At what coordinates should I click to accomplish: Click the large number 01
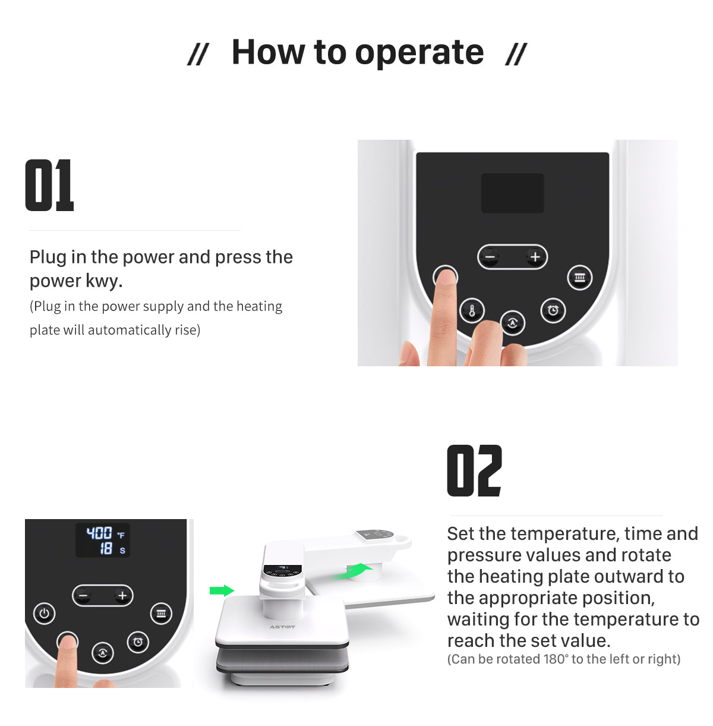click(x=50, y=186)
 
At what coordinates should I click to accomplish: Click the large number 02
click(x=474, y=471)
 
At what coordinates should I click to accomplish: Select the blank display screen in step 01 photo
click(x=512, y=193)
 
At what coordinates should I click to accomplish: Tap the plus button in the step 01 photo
click(x=535, y=257)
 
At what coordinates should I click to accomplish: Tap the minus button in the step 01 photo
click(x=490, y=257)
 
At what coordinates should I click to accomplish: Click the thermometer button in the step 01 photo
click(x=472, y=310)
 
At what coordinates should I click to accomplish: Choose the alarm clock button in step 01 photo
click(x=553, y=310)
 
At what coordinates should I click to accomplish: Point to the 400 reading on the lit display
click(x=99, y=533)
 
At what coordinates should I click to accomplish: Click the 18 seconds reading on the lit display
click(x=106, y=549)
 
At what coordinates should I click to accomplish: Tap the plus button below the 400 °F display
click(x=122, y=596)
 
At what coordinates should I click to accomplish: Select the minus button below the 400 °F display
click(x=83, y=596)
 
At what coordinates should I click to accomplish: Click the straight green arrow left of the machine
click(x=222, y=590)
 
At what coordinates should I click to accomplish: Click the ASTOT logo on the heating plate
click(x=282, y=627)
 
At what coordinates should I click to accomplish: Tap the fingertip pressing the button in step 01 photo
click(x=445, y=279)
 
